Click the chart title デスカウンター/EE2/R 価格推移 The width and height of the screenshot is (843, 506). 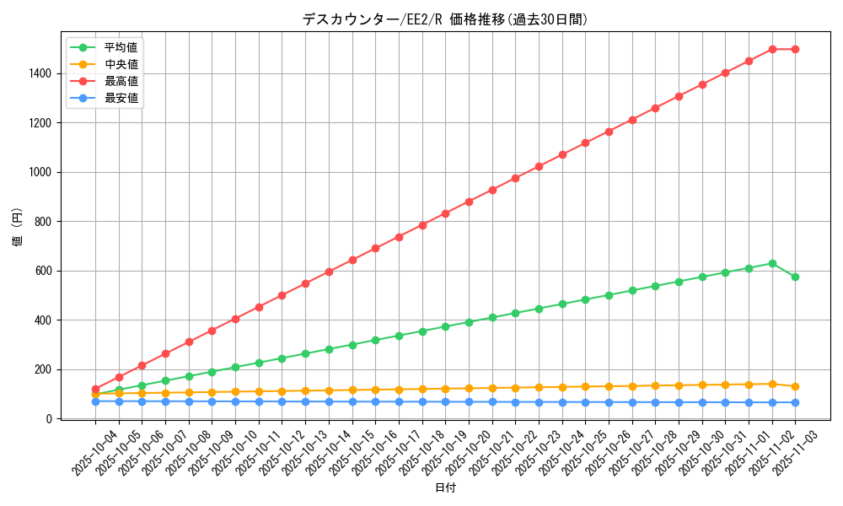point(444,19)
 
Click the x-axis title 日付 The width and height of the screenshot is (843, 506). point(445,488)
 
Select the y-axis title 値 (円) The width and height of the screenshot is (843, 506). point(17,228)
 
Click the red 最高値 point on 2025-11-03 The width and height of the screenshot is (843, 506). point(795,49)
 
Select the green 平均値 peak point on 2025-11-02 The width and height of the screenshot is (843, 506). point(772,263)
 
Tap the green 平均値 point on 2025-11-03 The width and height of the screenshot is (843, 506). point(795,277)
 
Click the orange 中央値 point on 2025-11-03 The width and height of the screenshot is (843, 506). point(795,386)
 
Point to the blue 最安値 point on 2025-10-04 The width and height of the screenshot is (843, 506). point(95,401)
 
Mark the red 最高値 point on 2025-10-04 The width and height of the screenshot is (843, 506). point(95,389)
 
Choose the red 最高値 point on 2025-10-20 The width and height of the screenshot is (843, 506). point(469,202)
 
